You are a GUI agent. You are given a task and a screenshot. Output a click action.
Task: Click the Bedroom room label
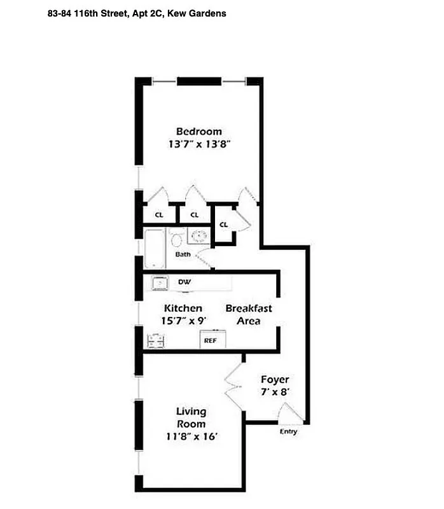click(x=199, y=132)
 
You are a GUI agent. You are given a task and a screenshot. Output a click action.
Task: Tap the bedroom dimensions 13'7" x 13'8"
click(x=199, y=144)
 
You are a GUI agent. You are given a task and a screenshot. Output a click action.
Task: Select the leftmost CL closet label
click(x=159, y=215)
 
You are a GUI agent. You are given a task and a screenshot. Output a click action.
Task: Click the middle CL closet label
click(x=195, y=215)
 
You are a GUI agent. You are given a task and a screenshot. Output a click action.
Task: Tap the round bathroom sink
click(x=199, y=237)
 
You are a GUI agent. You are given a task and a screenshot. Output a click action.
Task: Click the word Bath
click(x=183, y=254)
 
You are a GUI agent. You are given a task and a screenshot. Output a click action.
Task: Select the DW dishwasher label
click(x=185, y=282)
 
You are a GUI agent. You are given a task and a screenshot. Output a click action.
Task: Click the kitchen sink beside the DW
click(x=158, y=282)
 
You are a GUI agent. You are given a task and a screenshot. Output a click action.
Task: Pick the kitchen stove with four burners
click(x=156, y=340)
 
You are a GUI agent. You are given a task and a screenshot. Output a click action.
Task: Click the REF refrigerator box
click(x=211, y=340)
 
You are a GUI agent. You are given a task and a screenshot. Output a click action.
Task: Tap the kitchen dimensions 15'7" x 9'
click(x=183, y=321)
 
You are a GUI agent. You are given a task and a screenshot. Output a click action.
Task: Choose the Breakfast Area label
click(x=249, y=314)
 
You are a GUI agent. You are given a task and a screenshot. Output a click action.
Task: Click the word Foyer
click(x=275, y=380)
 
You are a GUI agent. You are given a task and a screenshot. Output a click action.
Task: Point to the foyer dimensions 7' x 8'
click(x=275, y=393)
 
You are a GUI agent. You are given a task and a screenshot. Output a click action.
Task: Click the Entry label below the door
click(x=288, y=432)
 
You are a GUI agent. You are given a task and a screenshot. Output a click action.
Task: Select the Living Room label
click(x=191, y=417)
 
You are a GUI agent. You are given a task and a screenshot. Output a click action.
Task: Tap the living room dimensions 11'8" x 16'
click(x=191, y=436)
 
